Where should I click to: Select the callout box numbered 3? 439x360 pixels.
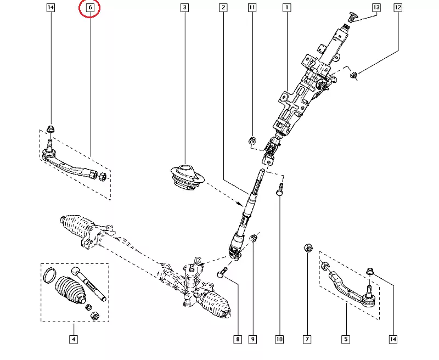(184, 8)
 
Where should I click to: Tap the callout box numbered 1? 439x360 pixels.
(286, 8)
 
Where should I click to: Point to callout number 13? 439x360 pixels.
(376, 8)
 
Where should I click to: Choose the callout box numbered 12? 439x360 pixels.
(398, 8)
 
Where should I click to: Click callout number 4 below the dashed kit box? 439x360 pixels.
(73, 339)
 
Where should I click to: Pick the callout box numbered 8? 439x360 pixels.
(238, 339)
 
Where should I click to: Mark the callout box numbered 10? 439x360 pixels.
(279, 339)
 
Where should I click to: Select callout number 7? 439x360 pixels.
(307, 339)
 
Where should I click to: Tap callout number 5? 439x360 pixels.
(346, 339)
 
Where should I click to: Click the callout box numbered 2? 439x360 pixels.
(223, 8)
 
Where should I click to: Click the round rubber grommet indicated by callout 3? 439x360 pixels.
(185, 178)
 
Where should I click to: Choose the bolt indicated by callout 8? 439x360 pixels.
(222, 272)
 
